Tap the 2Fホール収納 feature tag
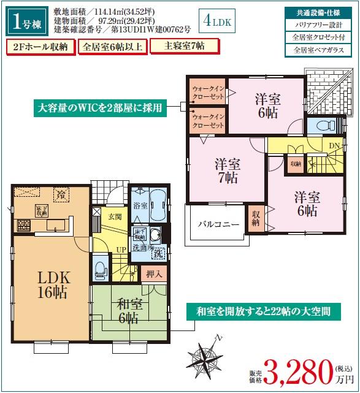tap(40, 47)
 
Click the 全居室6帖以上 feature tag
tap(112, 47)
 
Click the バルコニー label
tap(218, 225)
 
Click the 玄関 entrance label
tap(115, 217)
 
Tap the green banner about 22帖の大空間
tap(264, 311)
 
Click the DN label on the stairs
tap(335, 146)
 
